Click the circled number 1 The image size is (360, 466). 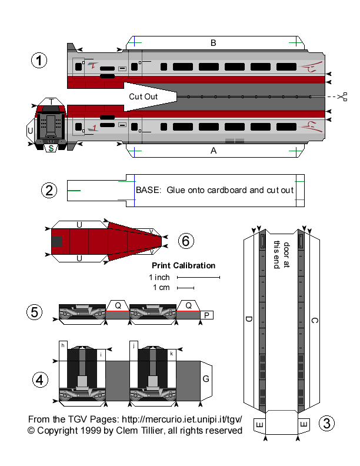pos(39,61)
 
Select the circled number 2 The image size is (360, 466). pos(49,190)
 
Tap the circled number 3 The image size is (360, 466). pos(326,423)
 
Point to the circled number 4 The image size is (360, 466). pos(39,380)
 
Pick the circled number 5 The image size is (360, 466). pos(35,312)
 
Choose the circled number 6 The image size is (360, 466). pos(185,240)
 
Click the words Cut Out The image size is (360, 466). pos(144,96)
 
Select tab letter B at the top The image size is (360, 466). pos(214,42)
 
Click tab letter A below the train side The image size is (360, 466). pos(214,151)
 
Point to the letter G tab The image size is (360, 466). pos(206,379)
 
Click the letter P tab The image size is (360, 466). pos(206,315)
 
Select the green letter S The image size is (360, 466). pos(52,148)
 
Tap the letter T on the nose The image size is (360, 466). pos(52,102)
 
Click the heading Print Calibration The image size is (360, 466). pos(184,265)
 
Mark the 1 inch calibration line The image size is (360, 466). pos(198,277)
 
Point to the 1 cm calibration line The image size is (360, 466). pos(185,288)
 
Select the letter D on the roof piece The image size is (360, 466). pos(249,319)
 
